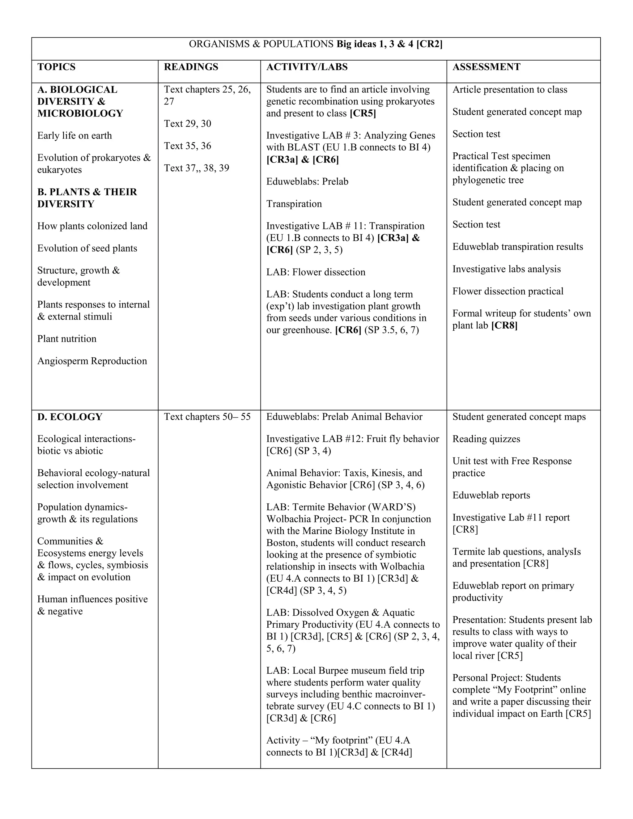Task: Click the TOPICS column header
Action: tap(56, 67)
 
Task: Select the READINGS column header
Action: tap(191, 67)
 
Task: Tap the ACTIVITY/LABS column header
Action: tap(307, 67)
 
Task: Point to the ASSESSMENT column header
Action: tap(486, 67)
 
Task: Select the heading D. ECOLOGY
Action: tap(70, 417)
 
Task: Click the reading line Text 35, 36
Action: tap(188, 146)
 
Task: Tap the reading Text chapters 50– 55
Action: tap(207, 417)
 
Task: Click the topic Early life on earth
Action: tap(74, 136)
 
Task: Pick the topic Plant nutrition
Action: tap(67, 339)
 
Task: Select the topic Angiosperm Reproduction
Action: tap(92, 361)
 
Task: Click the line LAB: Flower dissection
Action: tap(316, 272)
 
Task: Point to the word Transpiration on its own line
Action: tap(294, 204)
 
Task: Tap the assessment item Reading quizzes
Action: tap(486, 439)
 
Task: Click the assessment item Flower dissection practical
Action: tap(508, 291)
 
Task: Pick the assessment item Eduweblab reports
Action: tap(491, 495)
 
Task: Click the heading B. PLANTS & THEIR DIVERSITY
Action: tap(87, 198)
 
